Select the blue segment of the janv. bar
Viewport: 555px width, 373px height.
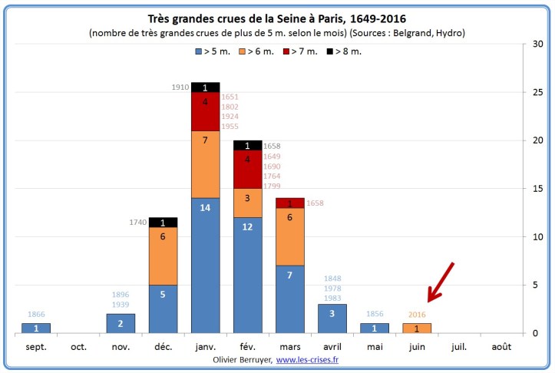point(205,265)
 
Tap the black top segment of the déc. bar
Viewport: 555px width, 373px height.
point(163,222)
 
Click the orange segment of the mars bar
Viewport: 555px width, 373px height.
point(289,237)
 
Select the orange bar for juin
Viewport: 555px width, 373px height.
point(416,328)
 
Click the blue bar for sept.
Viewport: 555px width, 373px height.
point(36,328)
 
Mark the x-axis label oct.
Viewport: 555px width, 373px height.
point(78,345)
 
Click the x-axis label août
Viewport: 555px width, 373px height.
point(501,345)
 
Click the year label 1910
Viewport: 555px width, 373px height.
point(180,87)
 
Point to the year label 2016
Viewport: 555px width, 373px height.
point(416,315)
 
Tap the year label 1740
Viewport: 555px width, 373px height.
point(137,223)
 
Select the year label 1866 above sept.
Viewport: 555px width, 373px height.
point(36,315)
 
